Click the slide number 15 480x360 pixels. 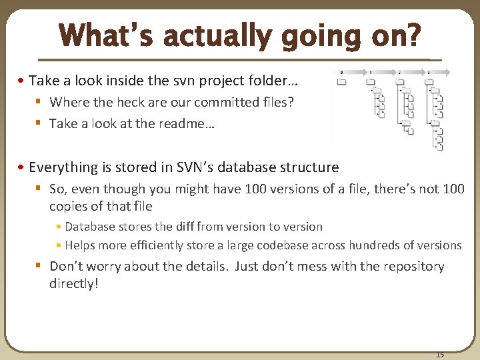[x=439, y=354]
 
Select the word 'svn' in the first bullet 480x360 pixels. [x=190, y=81]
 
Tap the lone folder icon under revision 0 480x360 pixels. [x=341, y=82]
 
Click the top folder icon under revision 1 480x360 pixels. [x=370, y=82]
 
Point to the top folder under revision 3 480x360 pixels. [x=429, y=82]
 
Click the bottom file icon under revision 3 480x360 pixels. [x=439, y=147]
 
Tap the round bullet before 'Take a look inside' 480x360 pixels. [x=23, y=81]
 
